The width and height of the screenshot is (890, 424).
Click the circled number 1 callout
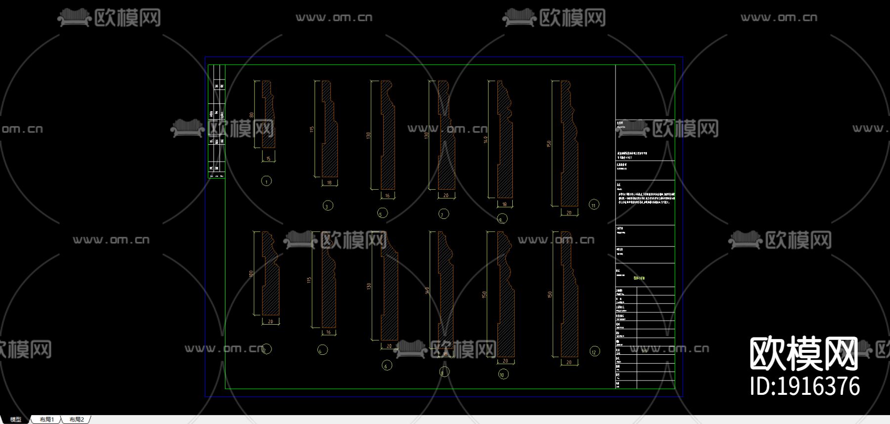(267, 181)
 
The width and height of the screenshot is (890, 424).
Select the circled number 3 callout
(328, 206)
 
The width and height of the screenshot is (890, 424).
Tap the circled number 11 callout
(594, 205)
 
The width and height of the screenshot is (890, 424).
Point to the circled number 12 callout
(594, 352)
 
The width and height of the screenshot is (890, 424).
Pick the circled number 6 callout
(387, 366)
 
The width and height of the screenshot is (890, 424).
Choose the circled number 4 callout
(322, 350)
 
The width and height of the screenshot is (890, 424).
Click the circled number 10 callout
(503, 375)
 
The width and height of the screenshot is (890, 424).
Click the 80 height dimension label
(252, 115)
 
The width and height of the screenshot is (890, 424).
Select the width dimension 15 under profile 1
(268, 159)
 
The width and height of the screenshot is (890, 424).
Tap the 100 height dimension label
(251, 273)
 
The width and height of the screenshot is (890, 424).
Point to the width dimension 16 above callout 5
(387, 196)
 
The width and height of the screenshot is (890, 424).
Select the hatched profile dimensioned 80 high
(268, 115)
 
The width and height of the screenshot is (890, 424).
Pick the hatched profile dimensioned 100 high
(270, 274)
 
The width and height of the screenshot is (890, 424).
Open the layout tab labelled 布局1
(47, 420)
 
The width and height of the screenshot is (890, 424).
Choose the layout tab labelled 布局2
(77, 420)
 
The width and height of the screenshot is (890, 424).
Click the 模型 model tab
(16, 420)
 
